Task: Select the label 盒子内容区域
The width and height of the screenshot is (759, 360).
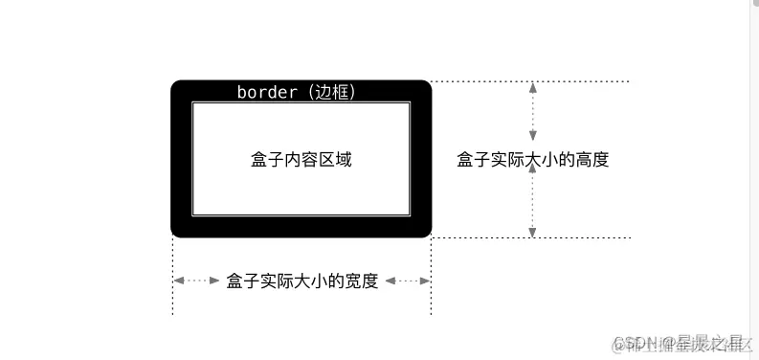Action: click(301, 160)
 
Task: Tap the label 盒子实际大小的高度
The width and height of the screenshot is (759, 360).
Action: click(533, 160)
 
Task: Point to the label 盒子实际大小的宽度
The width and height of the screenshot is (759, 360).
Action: click(302, 281)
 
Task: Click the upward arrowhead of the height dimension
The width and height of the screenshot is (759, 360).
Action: click(533, 87)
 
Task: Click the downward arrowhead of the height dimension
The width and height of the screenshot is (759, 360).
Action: click(533, 231)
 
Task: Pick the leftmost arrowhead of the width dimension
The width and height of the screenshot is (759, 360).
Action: click(178, 281)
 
